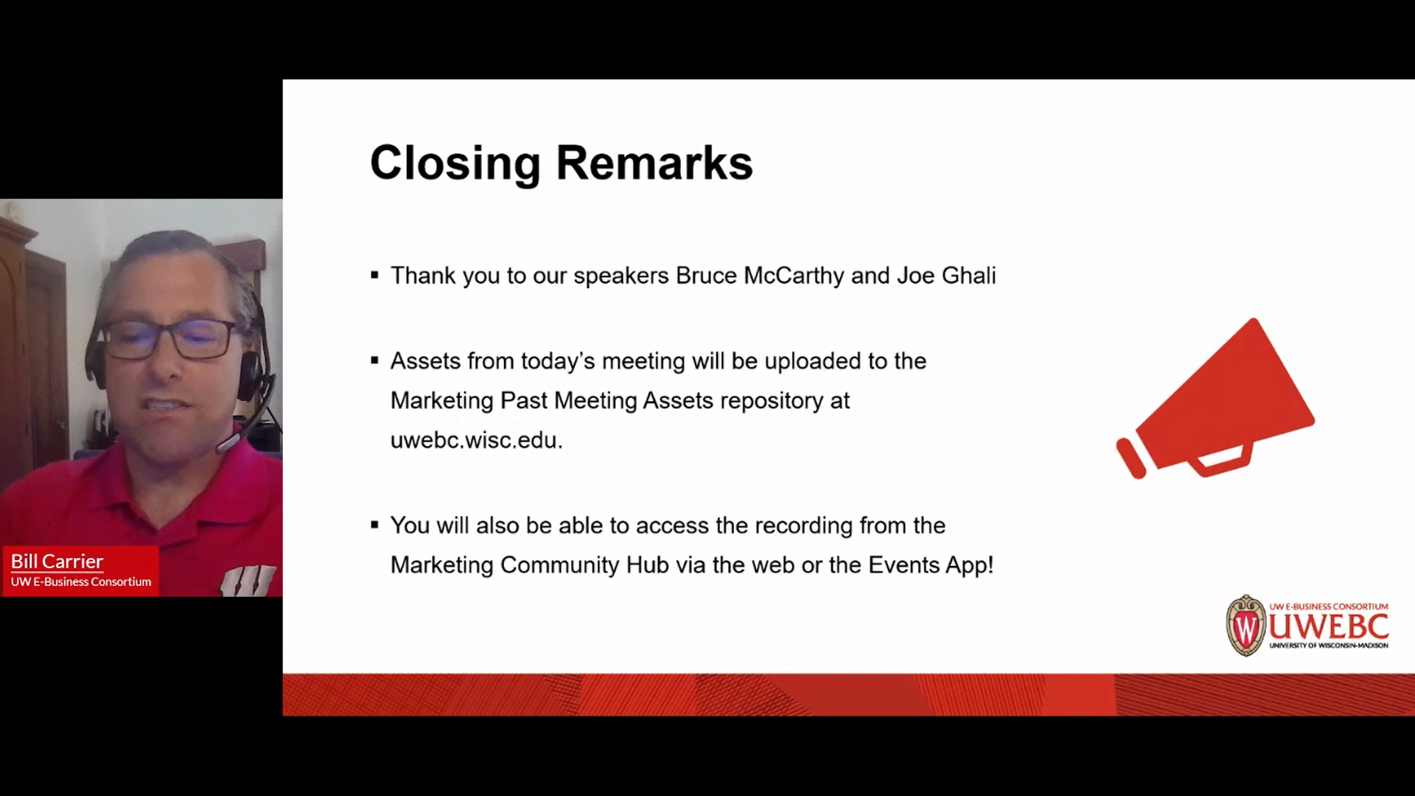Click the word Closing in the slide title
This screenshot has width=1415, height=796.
point(455,163)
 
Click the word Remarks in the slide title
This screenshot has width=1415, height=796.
point(654,163)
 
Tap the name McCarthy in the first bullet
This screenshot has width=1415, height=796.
point(794,276)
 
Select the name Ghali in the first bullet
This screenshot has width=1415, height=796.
point(968,276)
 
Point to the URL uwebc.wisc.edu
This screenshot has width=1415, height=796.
point(476,440)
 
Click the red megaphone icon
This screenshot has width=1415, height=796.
point(1223,394)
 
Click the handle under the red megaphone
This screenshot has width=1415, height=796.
point(1223,460)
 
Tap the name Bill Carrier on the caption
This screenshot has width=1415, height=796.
point(57,562)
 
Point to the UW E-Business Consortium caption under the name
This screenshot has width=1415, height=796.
point(81,582)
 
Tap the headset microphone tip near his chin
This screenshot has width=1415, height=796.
point(225,444)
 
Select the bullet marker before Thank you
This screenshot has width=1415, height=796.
point(374,276)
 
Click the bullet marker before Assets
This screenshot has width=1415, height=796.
point(374,361)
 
